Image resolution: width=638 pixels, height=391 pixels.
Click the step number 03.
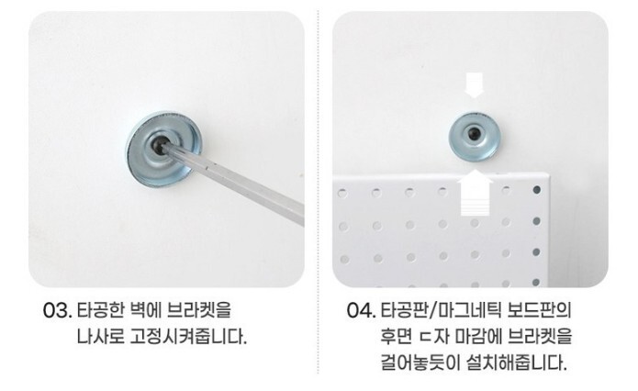[x=57, y=311]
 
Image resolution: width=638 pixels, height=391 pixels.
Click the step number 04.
[x=361, y=311]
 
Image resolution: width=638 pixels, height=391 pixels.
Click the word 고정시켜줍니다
[x=188, y=337]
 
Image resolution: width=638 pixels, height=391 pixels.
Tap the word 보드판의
[x=540, y=310]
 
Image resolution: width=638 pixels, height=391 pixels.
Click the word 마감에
[x=477, y=337]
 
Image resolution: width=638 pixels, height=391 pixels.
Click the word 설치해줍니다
[x=517, y=363]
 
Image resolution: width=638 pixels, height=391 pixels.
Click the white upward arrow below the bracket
[x=475, y=193]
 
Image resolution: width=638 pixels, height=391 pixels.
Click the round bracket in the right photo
[x=475, y=136]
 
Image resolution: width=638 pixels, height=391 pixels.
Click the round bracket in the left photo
[x=163, y=149]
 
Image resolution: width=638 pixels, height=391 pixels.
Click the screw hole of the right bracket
[x=473, y=133]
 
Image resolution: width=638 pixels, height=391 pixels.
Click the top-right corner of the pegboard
[x=549, y=174]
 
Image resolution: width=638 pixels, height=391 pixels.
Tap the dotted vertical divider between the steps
[x=319, y=191]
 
